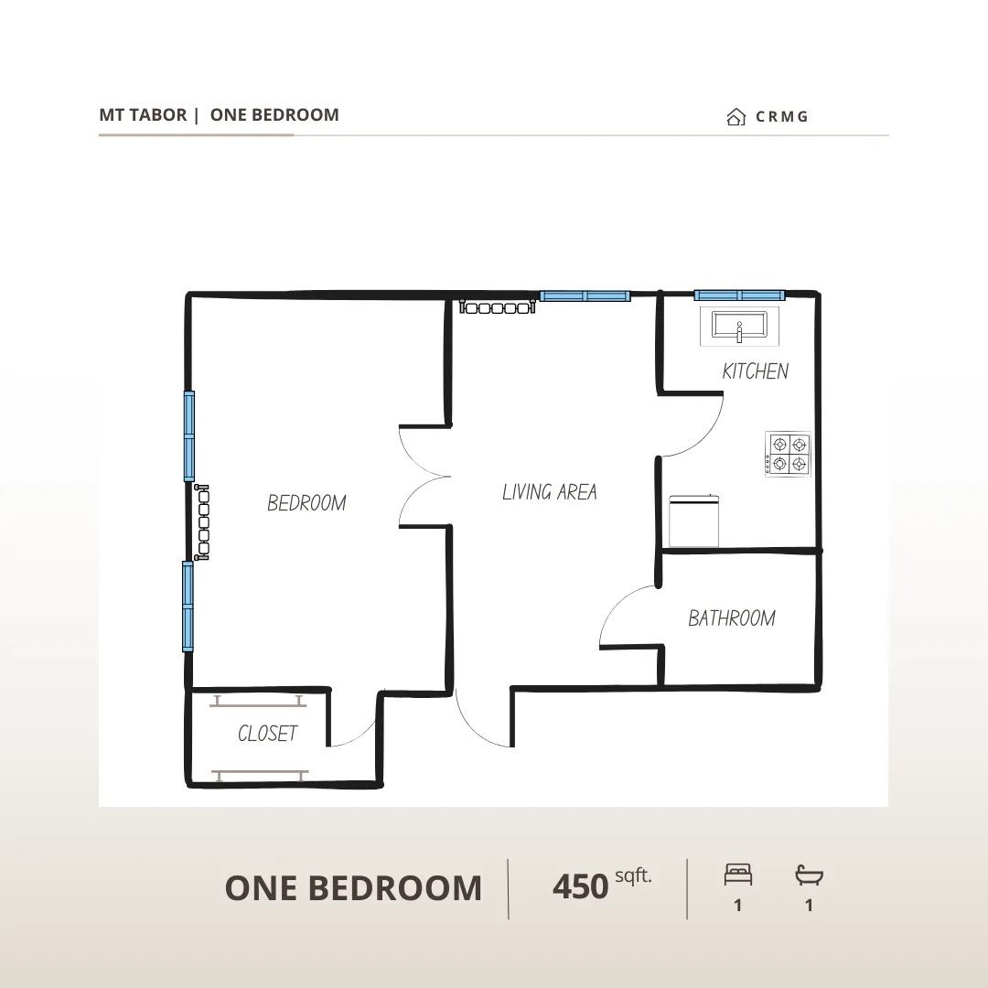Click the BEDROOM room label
pos(306,503)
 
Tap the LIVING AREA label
pos(550,491)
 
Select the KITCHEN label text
pos(756,371)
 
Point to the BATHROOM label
pos(732,618)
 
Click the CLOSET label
pos(267,733)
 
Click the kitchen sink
pos(740,327)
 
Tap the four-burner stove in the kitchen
pos(788,455)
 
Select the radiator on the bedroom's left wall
pos(202,522)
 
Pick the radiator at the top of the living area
pos(498,306)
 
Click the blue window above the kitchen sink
pos(740,295)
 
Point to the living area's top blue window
pos(585,296)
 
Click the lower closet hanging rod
pos(260,774)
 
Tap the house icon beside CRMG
pos(736,116)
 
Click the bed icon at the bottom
pos(738,875)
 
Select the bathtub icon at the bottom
pos(809,875)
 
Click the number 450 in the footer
pos(580,887)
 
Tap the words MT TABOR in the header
pos(143,114)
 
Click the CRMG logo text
pos(781,116)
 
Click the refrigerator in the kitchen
pos(694,521)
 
